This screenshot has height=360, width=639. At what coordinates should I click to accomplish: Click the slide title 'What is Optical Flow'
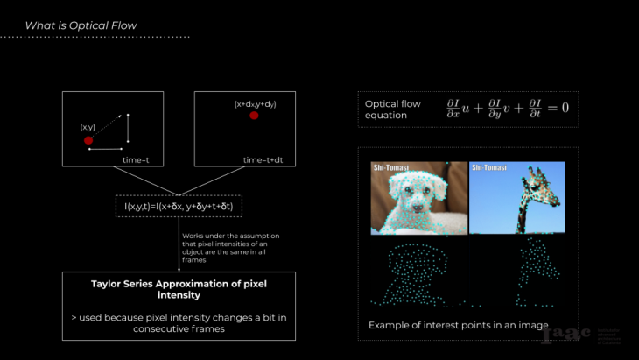81,25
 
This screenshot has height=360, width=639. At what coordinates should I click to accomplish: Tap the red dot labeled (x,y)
88,140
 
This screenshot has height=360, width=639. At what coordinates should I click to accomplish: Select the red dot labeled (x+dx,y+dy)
254,115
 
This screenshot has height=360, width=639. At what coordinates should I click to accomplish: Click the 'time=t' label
136,159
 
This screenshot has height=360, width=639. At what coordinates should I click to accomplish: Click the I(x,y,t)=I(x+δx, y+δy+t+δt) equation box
179,207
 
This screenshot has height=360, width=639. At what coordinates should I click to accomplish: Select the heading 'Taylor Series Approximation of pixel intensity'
178,289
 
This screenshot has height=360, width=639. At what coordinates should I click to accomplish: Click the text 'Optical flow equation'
393,109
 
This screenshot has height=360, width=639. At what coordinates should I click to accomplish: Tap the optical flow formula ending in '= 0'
508,109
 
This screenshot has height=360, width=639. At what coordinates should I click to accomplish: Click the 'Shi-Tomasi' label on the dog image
391,166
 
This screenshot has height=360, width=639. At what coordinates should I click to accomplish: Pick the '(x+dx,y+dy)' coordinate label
255,103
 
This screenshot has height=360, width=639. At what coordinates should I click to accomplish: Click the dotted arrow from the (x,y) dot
108,128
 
